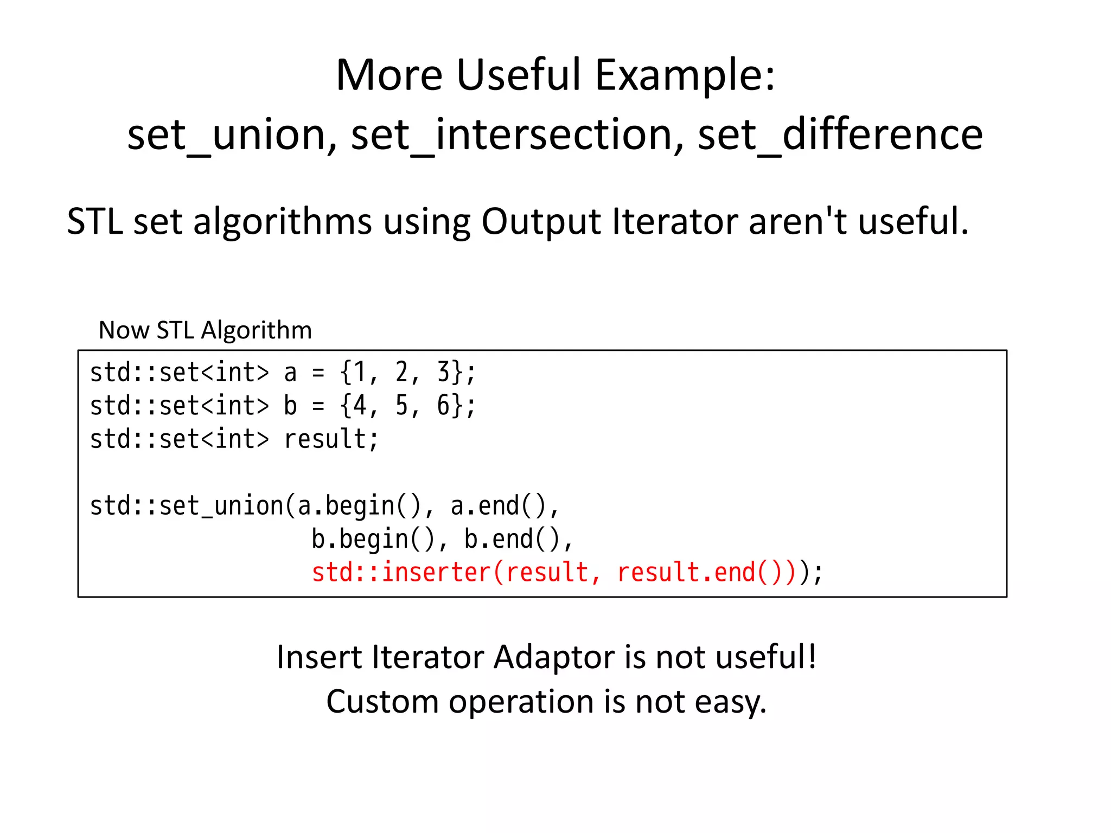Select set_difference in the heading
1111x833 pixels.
coord(840,135)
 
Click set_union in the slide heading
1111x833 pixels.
coord(232,135)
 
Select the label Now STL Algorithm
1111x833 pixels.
coord(205,330)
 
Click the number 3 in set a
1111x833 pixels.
coord(444,373)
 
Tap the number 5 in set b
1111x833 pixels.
coord(401,406)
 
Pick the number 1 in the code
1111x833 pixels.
coord(360,373)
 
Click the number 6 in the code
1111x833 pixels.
coord(444,406)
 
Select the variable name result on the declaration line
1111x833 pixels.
coord(325,439)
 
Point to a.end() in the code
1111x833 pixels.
coord(498,506)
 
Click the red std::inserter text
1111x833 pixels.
coord(401,573)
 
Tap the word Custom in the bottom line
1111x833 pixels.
coord(382,702)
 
